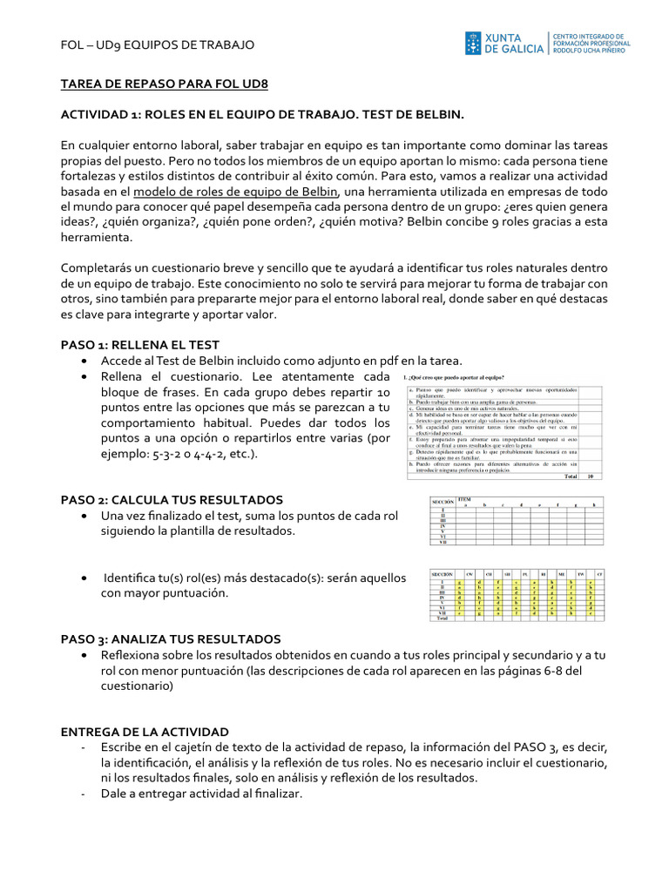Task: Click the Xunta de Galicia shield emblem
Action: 473,44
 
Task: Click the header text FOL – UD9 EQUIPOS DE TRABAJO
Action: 158,44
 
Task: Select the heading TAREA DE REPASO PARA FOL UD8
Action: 164,84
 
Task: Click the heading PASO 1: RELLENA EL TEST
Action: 139,344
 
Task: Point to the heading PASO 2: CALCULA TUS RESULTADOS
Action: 172,499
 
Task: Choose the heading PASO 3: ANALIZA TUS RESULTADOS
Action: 170,639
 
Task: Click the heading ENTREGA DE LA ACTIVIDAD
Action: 145,731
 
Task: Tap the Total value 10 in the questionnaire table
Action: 590,476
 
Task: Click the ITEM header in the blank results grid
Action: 464,499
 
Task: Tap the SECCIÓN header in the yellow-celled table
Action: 444,574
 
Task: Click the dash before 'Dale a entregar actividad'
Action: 81,794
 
